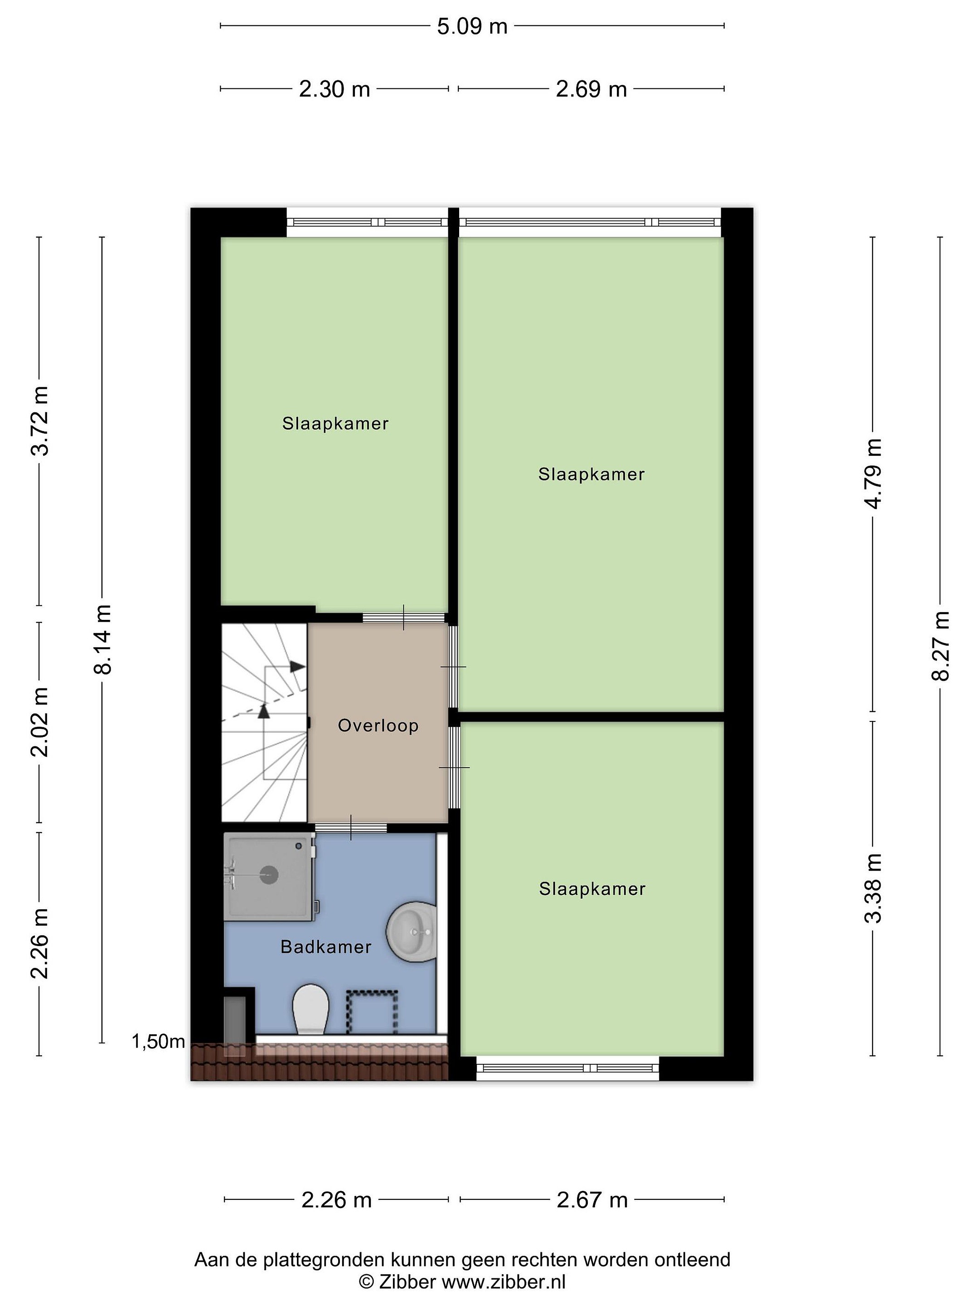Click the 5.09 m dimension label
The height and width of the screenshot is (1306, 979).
click(x=472, y=27)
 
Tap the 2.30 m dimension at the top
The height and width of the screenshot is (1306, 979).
click(x=334, y=89)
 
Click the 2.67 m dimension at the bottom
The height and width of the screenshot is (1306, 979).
click(x=592, y=1200)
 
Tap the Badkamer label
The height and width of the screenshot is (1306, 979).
click(x=326, y=947)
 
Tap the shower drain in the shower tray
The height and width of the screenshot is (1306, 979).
click(x=269, y=874)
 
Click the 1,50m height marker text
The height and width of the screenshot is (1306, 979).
click(x=158, y=1042)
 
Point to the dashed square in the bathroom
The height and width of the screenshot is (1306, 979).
click(x=371, y=1012)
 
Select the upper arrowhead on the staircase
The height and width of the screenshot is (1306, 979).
click(x=297, y=667)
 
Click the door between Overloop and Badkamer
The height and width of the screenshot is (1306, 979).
click(x=351, y=827)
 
